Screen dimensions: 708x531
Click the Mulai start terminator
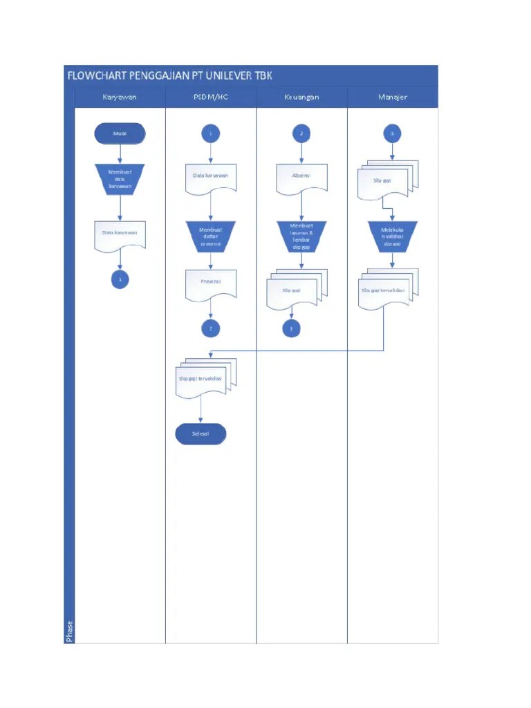(120, 133)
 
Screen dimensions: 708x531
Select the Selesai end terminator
(201, 434)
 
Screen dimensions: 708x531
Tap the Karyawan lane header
(120, 97)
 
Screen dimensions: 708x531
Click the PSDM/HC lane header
(211, 97)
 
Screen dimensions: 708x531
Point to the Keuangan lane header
(301, 97)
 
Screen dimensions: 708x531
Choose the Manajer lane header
(393, 97)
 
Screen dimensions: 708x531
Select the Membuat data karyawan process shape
(120, 179)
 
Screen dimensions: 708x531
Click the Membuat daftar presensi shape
(211, 236)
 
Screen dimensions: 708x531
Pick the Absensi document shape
(301, 177)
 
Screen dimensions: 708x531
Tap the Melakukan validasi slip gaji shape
(393, 236)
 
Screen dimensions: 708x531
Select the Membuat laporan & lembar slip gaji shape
(301, 236)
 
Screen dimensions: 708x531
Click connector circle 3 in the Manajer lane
(393, 133)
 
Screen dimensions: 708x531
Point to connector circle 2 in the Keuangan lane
(301, 133)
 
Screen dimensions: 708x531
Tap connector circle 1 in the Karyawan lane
(120, 279)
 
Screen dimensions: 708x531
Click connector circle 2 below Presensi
(211, 328)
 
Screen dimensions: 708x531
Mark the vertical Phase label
(69, 631)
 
